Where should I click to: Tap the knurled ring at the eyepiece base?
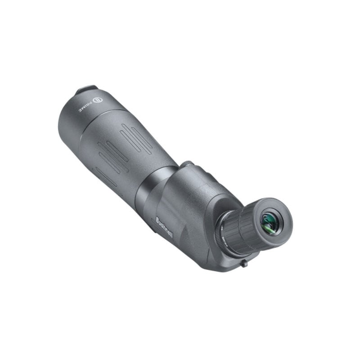[224, 234]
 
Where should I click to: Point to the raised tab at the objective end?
[86, 90]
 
